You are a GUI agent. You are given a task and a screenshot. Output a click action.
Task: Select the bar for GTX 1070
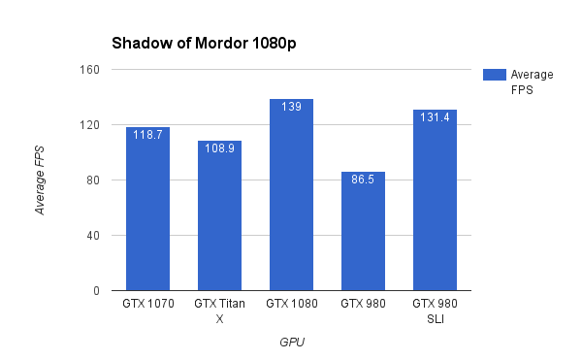[147, 213]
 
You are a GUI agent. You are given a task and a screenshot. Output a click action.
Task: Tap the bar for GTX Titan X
[219, 218]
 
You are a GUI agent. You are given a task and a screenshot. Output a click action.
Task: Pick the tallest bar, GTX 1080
[291, 199]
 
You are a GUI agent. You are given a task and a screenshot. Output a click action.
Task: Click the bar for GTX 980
[363, 233]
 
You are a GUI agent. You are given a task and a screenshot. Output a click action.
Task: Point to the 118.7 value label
[147, 135]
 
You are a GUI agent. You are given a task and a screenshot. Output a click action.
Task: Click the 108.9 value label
[219, 148]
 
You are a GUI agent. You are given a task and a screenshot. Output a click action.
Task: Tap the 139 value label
[291, 106]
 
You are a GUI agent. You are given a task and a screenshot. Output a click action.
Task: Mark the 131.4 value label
[435, 116]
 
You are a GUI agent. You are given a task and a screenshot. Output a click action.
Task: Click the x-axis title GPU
[291, 342]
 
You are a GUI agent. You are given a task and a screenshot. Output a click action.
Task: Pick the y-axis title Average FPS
[41, 180]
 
